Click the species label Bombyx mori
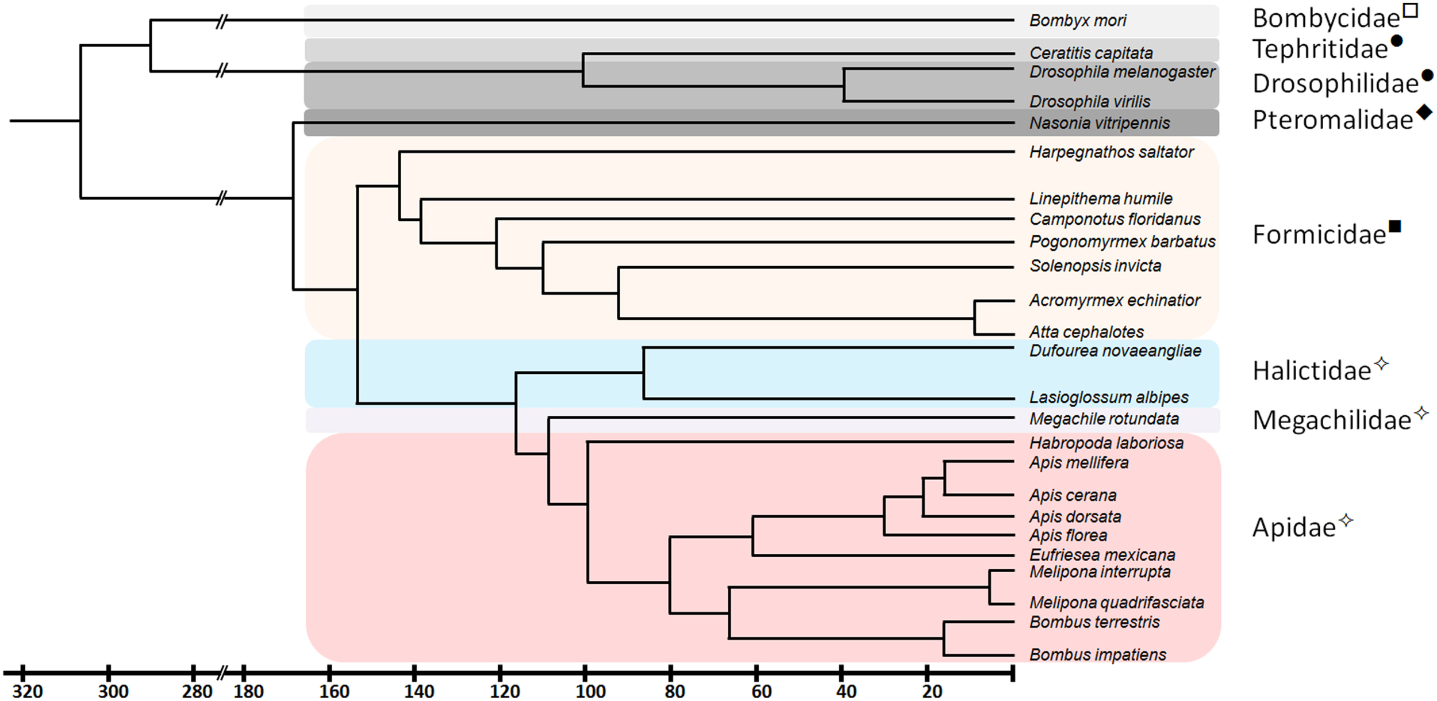click(1077, 21)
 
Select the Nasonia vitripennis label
click(1099, 123)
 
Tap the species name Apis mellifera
click(1078, 463)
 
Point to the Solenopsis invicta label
click(1095, 266)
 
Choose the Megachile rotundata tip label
click(1104, 419)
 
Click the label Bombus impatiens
click(1097, 654)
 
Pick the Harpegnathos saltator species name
click(1111, 152)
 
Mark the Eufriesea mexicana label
click(1102, 555)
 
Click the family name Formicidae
click(1319, 235)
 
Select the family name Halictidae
click(1312, 371)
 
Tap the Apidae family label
click(1294, 527)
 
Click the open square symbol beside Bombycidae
click(1411, 11)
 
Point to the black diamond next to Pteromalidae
click(1424, 112)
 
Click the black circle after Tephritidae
click(1396, 41)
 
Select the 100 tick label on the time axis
click(590, 691)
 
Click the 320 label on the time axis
click(27, 691)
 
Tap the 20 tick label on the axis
click(932, 691)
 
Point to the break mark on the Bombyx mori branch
click(222, 22)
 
